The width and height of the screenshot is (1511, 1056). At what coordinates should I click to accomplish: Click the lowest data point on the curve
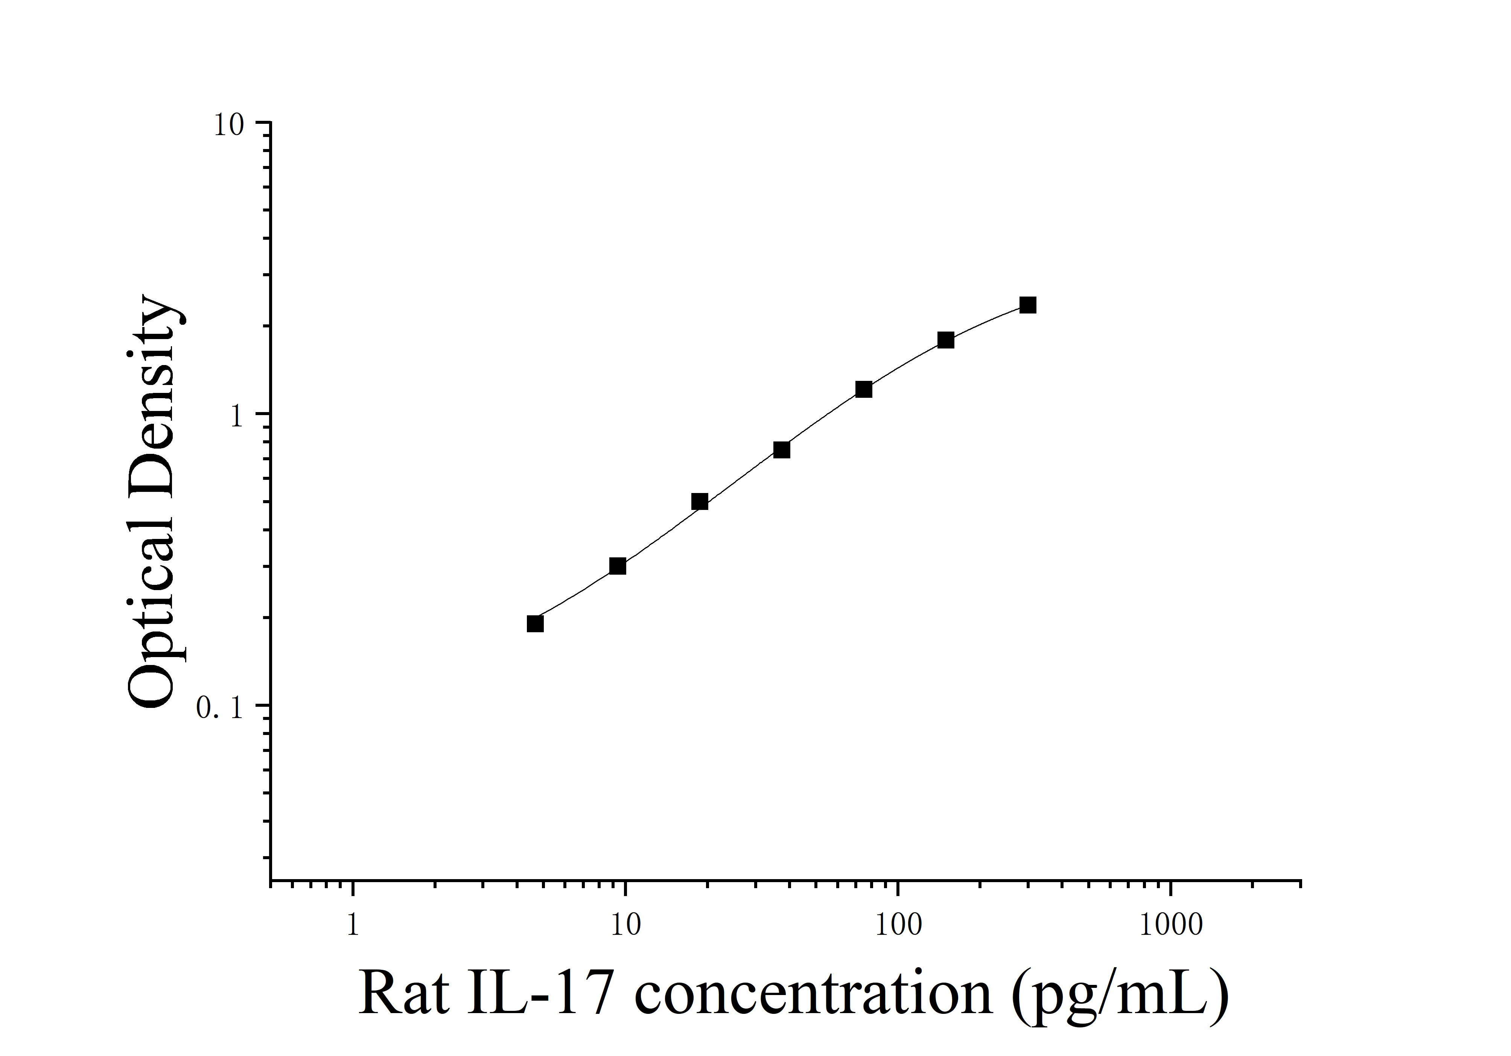coord(535,623)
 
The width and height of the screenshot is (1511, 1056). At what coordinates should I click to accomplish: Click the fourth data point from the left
coord(781,450)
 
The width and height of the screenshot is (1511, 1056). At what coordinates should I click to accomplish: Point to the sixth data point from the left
coord(946,340)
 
